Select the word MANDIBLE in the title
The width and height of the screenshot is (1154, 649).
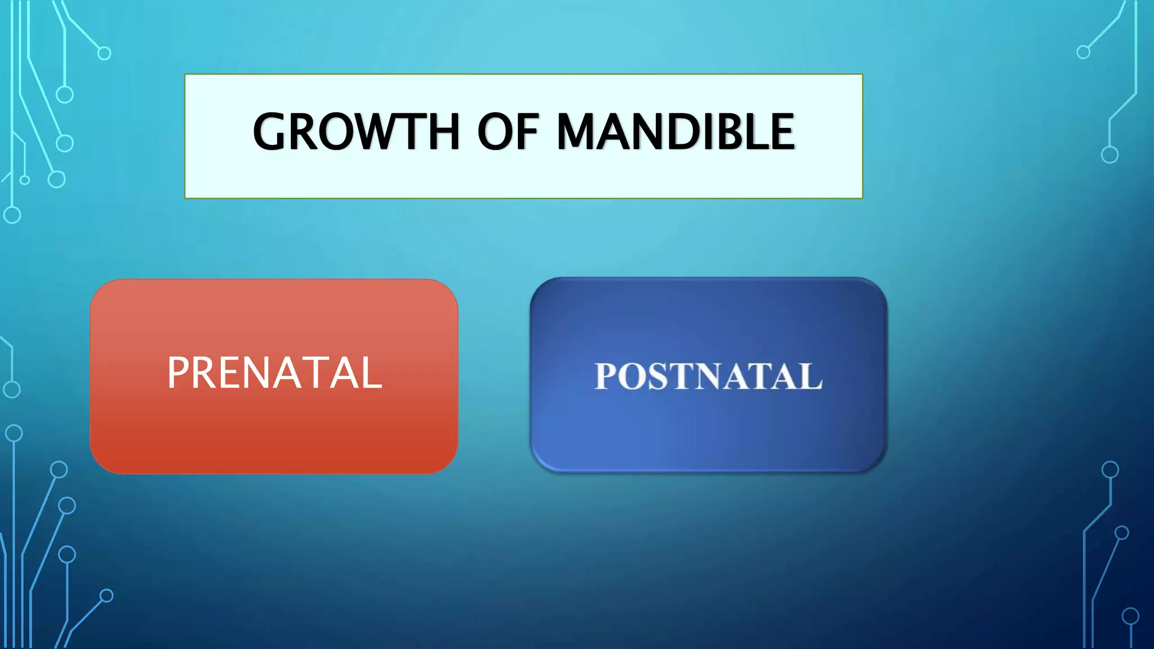(x=676, y=132)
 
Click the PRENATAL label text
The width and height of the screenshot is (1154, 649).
(x=274, y=373)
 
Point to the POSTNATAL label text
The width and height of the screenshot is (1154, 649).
(x=708, y=376)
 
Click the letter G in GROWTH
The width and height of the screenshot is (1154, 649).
(x=273, y=132)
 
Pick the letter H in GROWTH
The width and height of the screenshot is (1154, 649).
(x=443, y=132)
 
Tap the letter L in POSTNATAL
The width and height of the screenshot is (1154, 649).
(x=810, y=376)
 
